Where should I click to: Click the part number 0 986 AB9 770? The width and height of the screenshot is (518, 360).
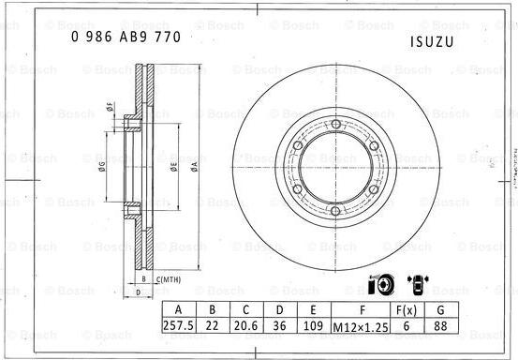tap(126, 38)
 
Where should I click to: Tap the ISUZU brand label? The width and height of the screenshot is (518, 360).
tap(433, 43)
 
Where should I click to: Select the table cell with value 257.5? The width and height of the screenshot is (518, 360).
tap(180, 326)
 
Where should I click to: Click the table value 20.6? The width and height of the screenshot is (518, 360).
tap(246, 326)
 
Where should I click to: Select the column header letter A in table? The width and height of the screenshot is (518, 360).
tap(180, 310)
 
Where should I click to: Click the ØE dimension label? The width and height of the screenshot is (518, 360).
tap(174, 167)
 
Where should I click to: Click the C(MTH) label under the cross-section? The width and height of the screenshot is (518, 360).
tap(170, 279)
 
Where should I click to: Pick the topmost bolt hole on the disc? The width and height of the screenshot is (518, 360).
tap(335, 125)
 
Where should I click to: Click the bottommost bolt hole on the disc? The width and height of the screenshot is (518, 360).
tap(335, 210)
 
